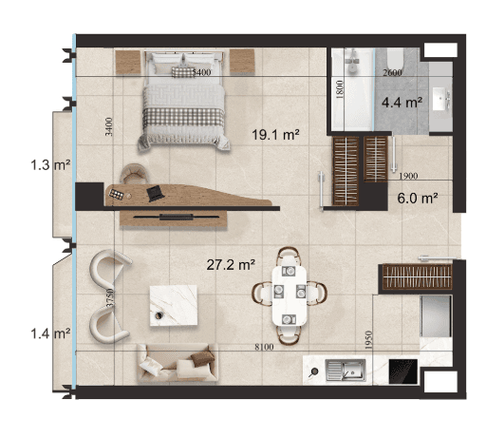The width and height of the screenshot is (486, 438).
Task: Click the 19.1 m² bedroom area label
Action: tap(275, 135)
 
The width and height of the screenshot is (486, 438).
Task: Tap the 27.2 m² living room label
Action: tap(231, 264)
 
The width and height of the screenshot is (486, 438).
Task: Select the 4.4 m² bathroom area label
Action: tap(402, 103)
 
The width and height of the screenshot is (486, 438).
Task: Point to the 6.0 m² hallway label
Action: tap(418, 199)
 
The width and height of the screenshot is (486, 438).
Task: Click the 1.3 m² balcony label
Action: tap(50, 165)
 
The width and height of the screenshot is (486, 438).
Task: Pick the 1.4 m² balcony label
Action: tap(50, 333)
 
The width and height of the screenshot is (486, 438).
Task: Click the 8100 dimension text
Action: tap(264, 347)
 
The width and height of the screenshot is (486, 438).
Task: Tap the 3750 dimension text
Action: tap(110, 297)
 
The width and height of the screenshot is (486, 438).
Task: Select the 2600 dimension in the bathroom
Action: tap(392, 72)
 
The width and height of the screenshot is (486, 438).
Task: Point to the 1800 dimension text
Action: tap(340, 89)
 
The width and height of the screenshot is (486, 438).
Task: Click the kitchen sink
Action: tap(346, 370)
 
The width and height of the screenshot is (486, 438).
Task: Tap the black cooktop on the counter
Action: tap(402, 371)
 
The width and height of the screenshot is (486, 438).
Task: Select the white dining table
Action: tap(290, 295)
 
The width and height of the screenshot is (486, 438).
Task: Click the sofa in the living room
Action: tap(178, 363)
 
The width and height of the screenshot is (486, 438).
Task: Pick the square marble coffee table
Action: tap(174, 305)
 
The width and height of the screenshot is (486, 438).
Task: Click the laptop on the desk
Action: tap(155, 193)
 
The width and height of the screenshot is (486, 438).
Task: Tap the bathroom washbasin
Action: tap(441, 99)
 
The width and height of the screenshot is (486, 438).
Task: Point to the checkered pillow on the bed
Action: tap(183, 71)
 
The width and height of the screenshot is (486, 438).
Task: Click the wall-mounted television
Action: tap(176, 217)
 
